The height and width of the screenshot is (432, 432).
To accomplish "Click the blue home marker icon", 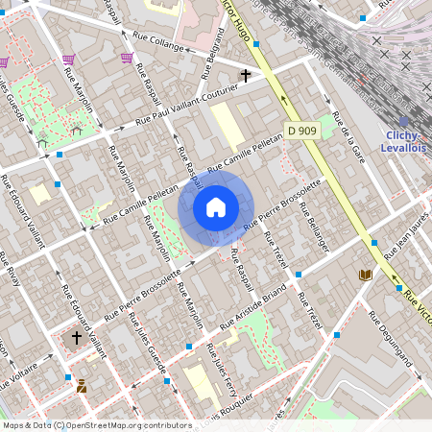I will [216, 207].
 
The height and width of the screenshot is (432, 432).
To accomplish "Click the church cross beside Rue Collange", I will [246, 74].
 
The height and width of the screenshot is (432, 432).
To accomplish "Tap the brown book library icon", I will [364, 276].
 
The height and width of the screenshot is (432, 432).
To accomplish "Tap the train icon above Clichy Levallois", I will [404, 122].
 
